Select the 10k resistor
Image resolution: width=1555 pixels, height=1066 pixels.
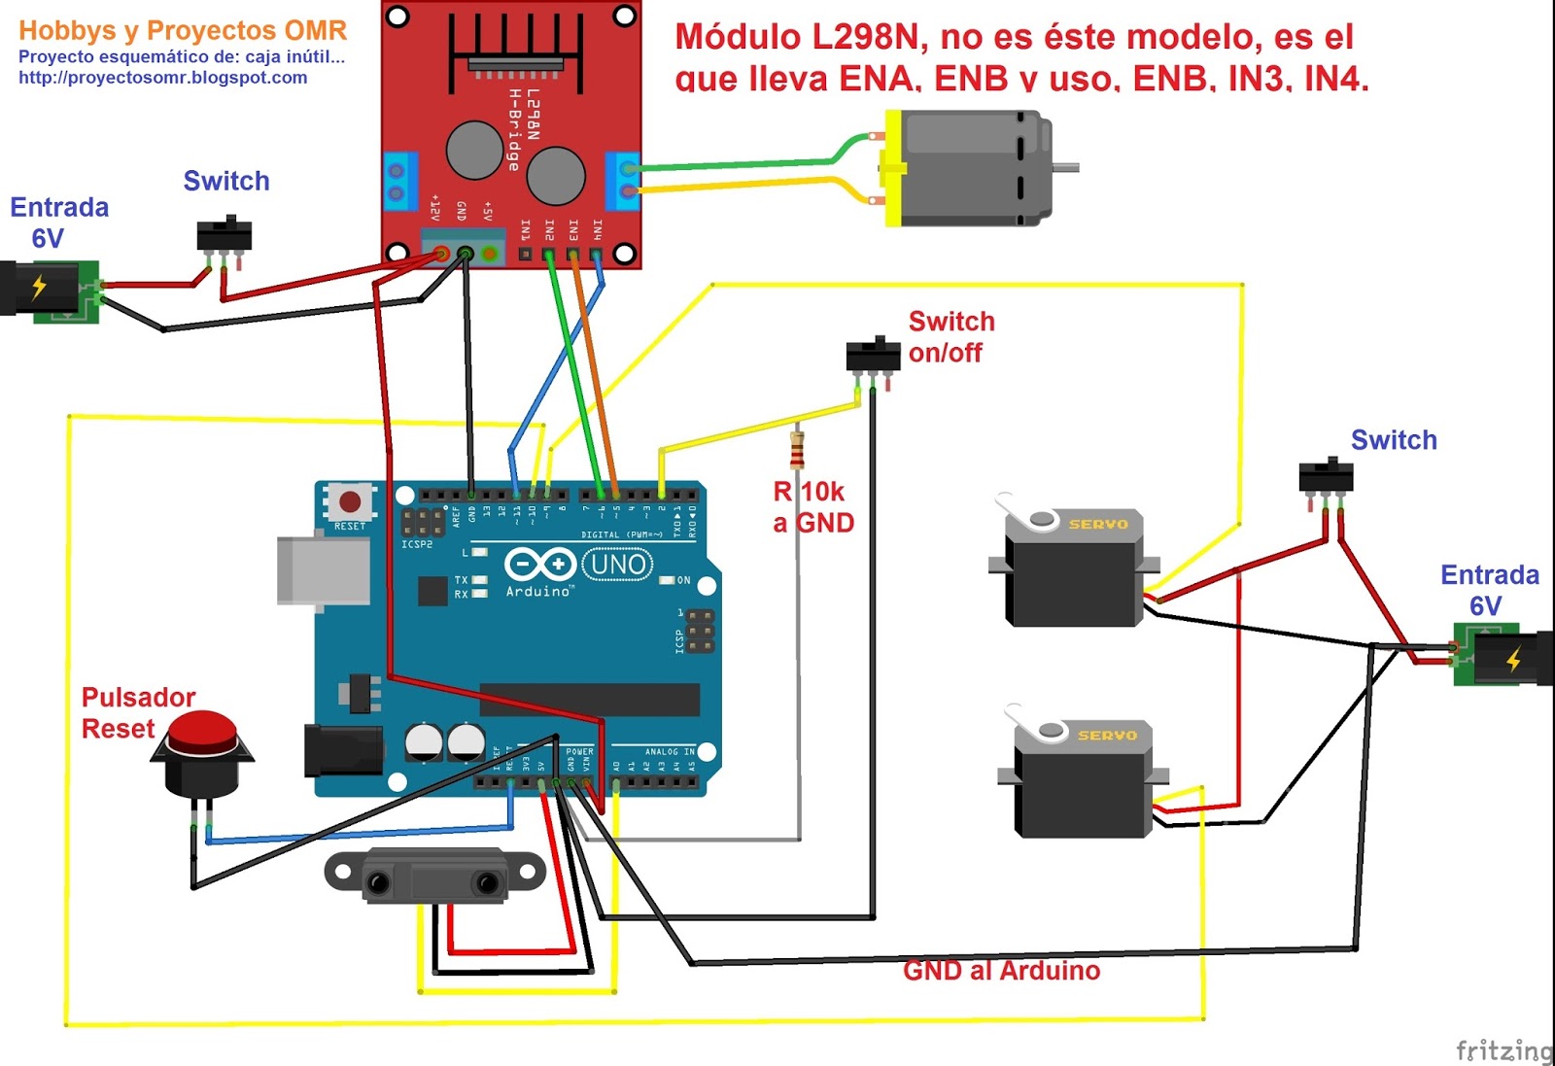(x=797, y=450)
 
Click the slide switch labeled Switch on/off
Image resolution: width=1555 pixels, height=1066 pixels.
(x=873, y=356)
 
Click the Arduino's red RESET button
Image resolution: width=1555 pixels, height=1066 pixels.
(x=350, y=502)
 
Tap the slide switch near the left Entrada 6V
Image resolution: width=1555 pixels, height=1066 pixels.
(x=225, y=236)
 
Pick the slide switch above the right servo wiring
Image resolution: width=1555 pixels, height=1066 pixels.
(x=1326, y=477)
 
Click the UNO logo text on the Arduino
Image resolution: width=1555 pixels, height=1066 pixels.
(x=617, y=564)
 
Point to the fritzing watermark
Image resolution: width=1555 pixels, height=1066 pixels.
(x=1503, y=1049)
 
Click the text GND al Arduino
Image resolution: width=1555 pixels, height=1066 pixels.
(x=1001, y=970)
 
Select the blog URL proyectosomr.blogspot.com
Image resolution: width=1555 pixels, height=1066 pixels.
(x=162, y=78)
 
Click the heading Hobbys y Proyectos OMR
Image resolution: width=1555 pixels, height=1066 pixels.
(x=183, y=30)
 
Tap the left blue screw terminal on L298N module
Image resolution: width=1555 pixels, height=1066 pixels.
(x=398, y=182)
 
